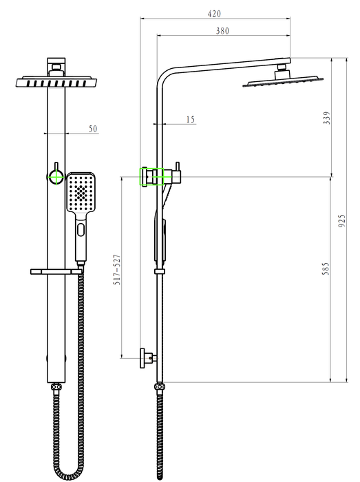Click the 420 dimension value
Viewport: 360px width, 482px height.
pyautogui.click(x=214, y=14)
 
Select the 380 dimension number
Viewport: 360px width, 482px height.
pyautogui.click(x=222, y=31)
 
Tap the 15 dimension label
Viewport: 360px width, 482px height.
pyautogui.click(x=191, y=119)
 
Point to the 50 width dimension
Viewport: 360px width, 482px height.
pyautogui.click(x=93, y=129)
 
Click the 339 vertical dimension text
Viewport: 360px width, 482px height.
pyautogui.click(x=327, y=118)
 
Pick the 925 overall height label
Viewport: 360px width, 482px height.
pyautogui.click(x=342, y=221)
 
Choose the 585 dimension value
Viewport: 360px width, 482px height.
pyautogui.click(x=326, y=269)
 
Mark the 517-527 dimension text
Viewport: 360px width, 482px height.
pyautogui.click(x=117, y=270)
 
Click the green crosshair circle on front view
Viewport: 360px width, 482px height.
pyautogui.click(x=56, y=177)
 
